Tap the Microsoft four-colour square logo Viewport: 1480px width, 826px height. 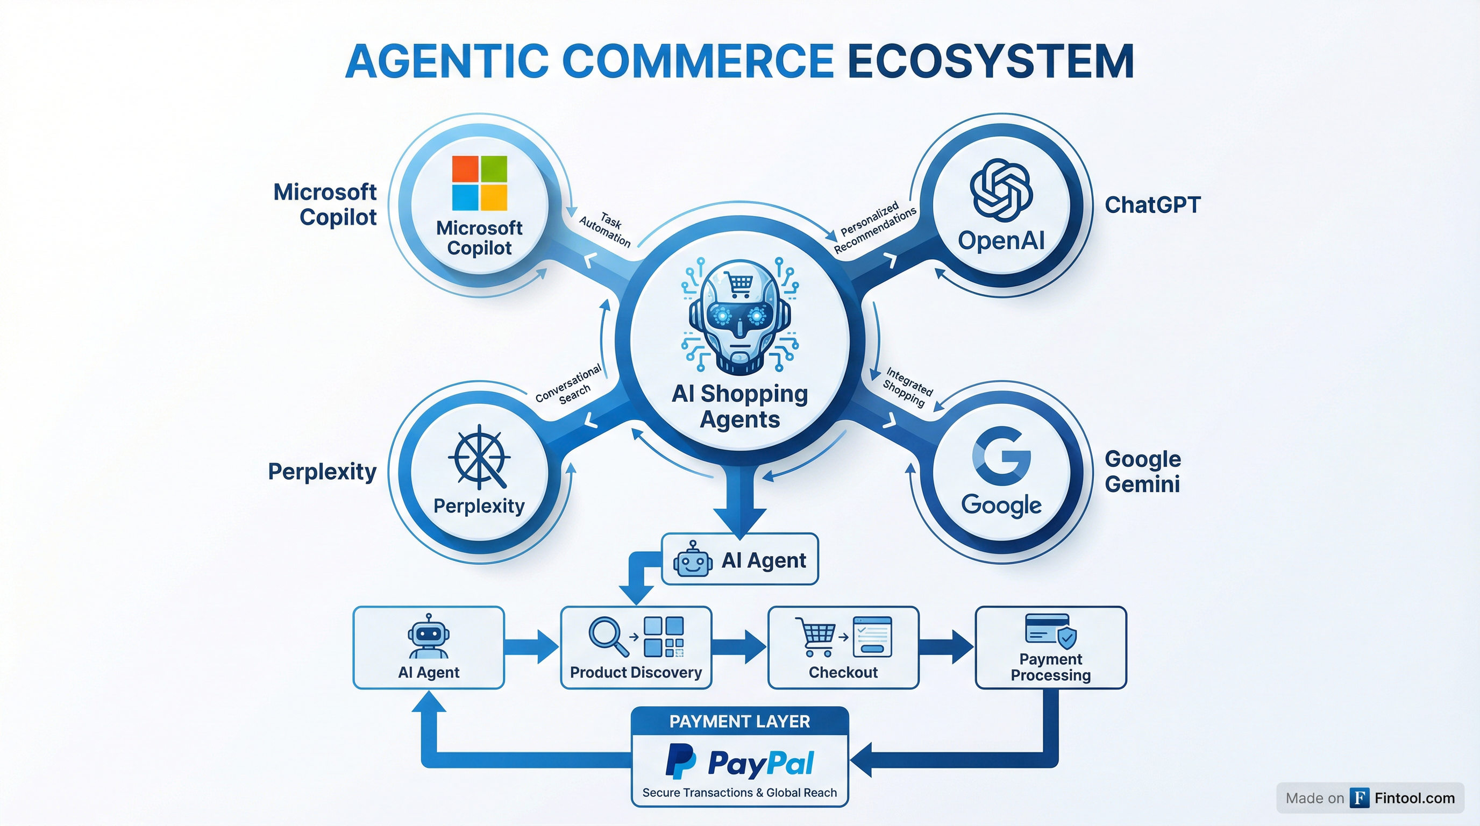click(479, 183)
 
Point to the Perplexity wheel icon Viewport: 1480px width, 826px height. click(479, 457)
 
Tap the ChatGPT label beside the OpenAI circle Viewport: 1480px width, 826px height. click(1152, 205)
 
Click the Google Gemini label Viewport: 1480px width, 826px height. click(1143, 472)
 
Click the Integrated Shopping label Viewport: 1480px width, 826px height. click(907, 387)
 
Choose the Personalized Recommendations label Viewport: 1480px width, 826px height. click(874, 227)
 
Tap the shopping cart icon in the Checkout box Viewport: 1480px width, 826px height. click(816, 636)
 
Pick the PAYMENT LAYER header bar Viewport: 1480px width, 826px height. click(739, 722)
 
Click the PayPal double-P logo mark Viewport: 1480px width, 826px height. click(681, 761)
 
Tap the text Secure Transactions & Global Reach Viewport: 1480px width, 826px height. click(739, 793)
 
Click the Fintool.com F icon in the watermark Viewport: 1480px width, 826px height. click(1360, 798)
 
